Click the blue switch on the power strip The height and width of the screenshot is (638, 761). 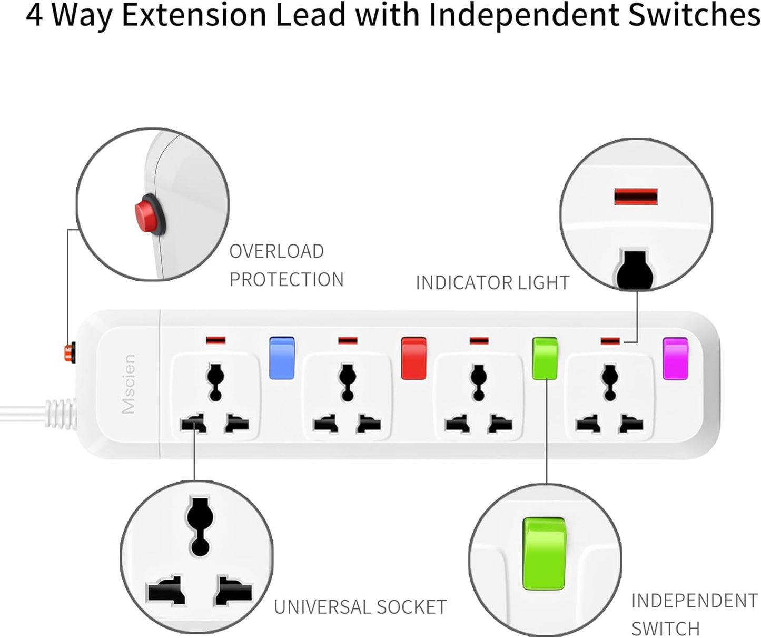(x=281, y=358)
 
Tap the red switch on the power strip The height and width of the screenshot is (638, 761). (x=413, y=358)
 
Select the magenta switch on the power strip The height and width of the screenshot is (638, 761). (x=675, y=358)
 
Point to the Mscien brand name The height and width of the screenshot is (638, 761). (x=129, y=384)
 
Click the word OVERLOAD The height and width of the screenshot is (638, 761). (x=276, y=251)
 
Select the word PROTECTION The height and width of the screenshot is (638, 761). (x=286, y=279)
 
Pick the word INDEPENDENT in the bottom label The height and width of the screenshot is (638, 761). (x=694, y=601)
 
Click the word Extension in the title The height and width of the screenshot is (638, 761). (x=194, y=16)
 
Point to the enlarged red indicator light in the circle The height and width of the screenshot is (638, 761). (x=636, y=197)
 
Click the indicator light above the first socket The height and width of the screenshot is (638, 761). (x=215, y=340)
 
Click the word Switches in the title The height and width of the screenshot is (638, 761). (x=694, y=16)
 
